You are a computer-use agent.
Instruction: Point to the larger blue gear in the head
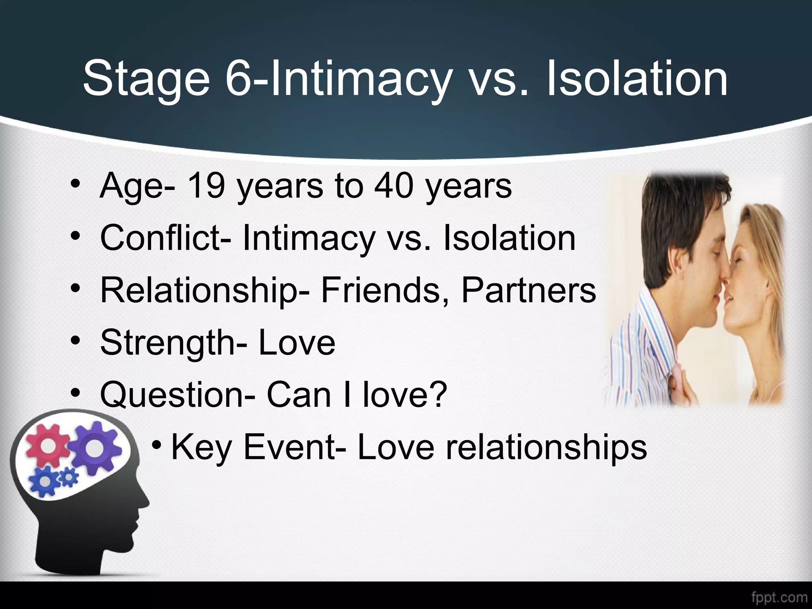(x=45, y=481)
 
